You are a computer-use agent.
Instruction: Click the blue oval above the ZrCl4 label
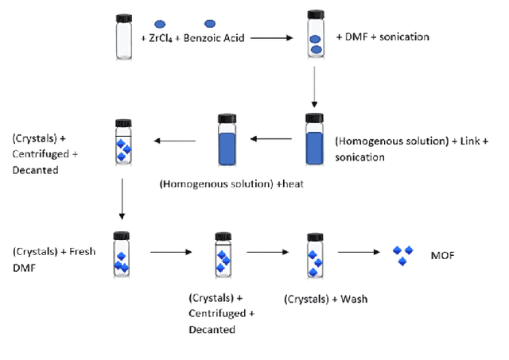pyautogui.click(x=160, y=24)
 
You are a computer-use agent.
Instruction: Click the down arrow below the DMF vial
pyautogui.click(x=315, y=88)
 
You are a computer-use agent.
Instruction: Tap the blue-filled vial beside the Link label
pyautogui.click(x=315, y=141)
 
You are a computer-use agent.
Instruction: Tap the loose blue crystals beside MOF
pyautogui.click(x=404, y=254)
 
